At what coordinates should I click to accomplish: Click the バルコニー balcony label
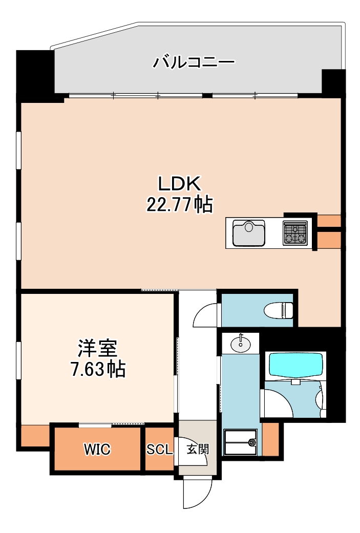tap(194, 62)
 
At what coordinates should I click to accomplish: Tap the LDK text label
tap(180, 183)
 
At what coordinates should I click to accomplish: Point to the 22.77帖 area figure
tap(180, 205)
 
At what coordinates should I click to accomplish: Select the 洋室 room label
tap(98, 348)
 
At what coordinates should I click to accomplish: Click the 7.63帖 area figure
tap(98, 369)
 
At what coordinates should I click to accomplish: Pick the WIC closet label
tap(97, 450)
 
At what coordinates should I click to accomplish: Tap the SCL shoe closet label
tap(160, 450)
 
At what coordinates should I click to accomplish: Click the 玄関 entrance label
tap(197, 450)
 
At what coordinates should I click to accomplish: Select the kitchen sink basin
tap(249, 233)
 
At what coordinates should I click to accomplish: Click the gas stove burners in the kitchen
tap(295, 233)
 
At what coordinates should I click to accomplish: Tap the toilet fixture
tap(279, 310)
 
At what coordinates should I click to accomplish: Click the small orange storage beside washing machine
tap(270, 439)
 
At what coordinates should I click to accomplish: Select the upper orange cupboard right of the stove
tap(328, 221)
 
